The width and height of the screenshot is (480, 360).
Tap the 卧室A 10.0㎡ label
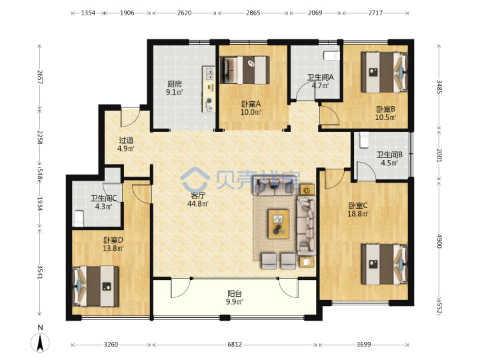click(251, 108)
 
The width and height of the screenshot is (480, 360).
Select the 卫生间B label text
click(389, 155)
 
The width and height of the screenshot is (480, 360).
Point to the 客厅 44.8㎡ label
click(198, 199)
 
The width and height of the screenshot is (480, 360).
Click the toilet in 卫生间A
click(331, 56)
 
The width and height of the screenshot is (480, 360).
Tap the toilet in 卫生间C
click(79, 218)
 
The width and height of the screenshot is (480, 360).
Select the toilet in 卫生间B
click(364, 140)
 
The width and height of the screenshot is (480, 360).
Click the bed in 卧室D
click(95, 286)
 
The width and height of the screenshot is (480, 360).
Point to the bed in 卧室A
click(245, 70)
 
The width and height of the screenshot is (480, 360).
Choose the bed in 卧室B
click(384, 72)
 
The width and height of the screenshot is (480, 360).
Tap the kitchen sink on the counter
click(210, 74)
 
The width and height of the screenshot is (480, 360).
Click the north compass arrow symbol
click(40, 343)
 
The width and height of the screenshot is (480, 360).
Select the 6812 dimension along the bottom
click(235, 345)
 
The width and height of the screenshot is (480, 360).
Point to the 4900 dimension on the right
click(439, 241)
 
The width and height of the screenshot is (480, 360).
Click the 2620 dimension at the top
click(184, 13)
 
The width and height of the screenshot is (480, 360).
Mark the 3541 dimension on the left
click(40, 272)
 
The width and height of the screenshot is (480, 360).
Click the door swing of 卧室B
click(329, 115)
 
